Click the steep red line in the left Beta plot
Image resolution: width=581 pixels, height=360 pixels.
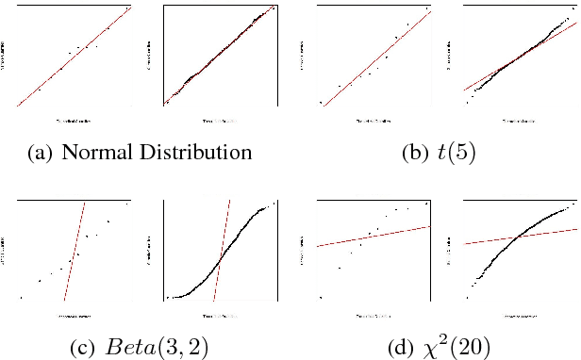pyautogui.click(x=75, y=250)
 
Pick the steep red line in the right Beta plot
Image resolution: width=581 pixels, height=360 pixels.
pyautogui.click(x=223, y=250)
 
